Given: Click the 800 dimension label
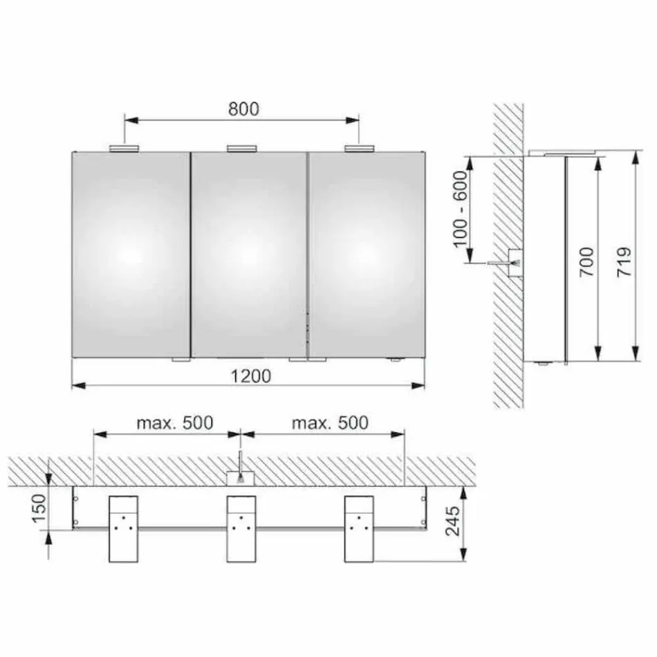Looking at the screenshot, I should coord(243,109).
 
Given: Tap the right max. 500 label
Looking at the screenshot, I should coord(329,422).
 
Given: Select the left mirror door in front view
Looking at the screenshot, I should coord(131,255).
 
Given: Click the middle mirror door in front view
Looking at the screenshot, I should coord(248,255).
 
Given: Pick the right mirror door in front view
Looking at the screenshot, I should coord(367,255).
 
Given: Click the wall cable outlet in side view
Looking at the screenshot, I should coord(514,262).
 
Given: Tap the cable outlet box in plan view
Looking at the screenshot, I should coord(241,478).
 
